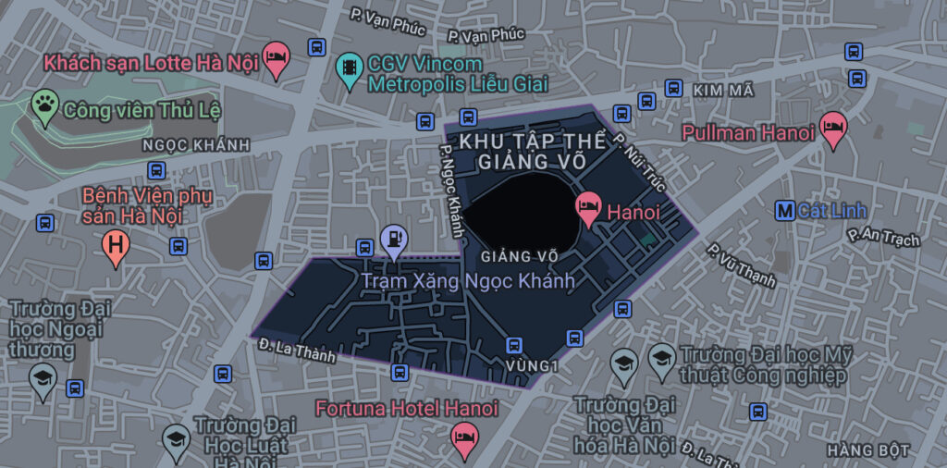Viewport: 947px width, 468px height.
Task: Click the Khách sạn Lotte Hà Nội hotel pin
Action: point(275,59)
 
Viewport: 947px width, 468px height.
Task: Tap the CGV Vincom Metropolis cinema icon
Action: point(350,68)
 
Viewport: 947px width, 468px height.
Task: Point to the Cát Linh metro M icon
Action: point(785,211)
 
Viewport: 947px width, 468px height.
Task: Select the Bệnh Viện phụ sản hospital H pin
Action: point(116,246)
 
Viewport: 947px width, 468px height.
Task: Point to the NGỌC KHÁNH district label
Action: point(196,145)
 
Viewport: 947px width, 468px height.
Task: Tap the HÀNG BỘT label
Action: point(869,450)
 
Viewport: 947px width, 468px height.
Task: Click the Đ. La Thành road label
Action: point(299,350)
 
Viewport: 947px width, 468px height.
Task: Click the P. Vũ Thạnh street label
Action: point(741,265)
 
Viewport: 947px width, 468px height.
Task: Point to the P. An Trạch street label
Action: point(884,236)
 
